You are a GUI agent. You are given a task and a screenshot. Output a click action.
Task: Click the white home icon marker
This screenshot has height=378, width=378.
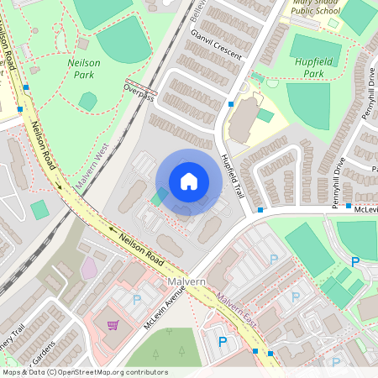coord(188,181)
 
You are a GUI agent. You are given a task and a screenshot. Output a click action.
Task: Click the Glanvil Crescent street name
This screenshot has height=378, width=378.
coord(216,45)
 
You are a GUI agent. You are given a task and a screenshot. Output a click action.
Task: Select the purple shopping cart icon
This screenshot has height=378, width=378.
coord(112,325)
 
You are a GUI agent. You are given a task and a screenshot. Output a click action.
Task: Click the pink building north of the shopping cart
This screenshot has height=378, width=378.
coord(89,268)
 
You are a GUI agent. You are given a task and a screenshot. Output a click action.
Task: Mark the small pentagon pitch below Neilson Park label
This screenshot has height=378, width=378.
coord(87,101)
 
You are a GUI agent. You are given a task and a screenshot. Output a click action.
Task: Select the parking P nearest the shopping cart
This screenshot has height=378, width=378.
coord(137,299)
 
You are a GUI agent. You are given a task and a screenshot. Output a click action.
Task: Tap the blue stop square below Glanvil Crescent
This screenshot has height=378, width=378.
coord(231,104)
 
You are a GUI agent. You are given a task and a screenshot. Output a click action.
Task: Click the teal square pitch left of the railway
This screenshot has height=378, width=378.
coord(39,209)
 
